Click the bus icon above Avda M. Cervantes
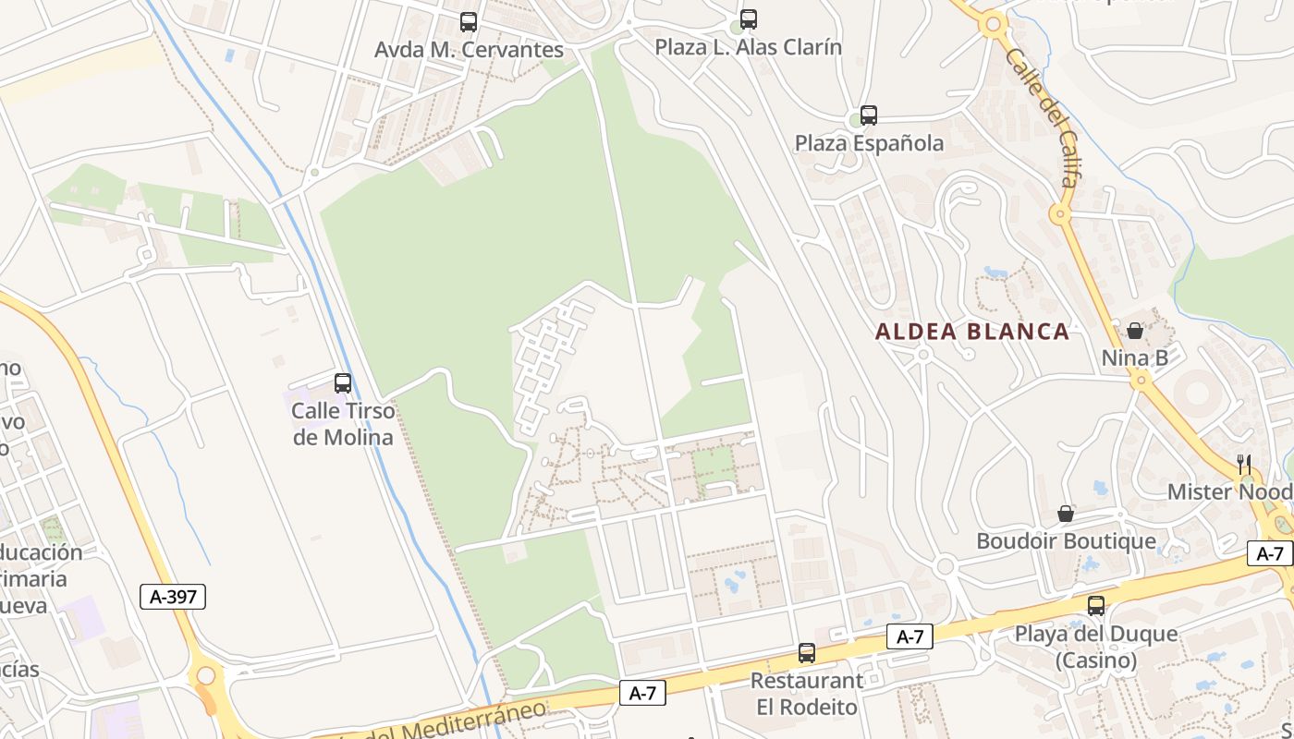469,22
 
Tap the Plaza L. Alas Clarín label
749,47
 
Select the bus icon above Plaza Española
868,115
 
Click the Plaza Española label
869,143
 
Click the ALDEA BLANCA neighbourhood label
972,332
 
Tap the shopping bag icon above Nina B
1135,331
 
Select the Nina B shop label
1135,357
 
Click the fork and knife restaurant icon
1244,464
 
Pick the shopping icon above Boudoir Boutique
1066,514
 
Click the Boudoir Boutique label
1066,541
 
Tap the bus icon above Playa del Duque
1096,606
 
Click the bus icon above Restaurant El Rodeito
807,653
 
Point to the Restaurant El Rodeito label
807,694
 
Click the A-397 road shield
173,597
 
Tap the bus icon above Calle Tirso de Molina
343,382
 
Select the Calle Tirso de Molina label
343,424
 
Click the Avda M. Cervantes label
469,50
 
